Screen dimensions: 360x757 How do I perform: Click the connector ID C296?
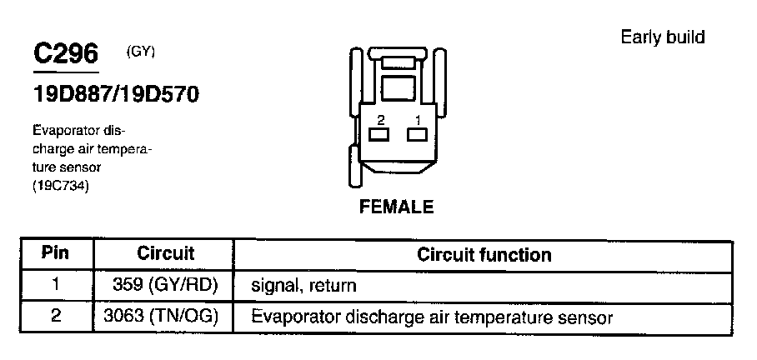coord(65,54)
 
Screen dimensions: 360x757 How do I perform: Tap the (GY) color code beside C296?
coord(141,51)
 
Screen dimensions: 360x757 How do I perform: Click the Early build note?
coord(663,37)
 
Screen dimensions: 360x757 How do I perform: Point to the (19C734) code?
coord(60,185)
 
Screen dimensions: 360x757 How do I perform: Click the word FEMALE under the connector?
coord(396,207)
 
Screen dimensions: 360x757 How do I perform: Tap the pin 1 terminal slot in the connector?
coord(415,134)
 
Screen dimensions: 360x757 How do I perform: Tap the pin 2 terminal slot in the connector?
coord(380,134)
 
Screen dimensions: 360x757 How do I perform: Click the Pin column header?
coord(55,253)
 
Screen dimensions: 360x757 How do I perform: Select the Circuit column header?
coord(165,253)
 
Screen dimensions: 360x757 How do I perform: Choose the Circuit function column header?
coord(484,254)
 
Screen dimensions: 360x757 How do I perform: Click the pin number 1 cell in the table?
coord(55,285)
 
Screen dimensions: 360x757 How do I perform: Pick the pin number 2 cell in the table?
coord(55,317)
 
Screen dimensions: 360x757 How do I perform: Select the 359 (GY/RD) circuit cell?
coord(165,285)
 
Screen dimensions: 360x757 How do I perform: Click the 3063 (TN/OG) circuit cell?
coord(165,317)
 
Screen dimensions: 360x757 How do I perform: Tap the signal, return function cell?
coord(303,286)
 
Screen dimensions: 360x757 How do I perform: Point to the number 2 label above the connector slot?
coord(380,119)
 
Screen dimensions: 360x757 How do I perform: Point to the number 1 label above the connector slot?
coord(416,119)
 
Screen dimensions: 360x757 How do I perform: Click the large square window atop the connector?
coord(397,87)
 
